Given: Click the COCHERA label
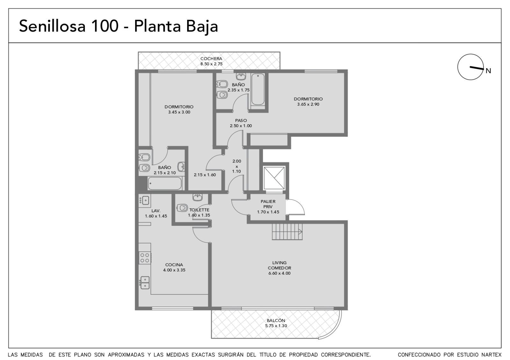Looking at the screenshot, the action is [211, 59].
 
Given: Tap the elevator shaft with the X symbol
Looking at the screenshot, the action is [274, 178].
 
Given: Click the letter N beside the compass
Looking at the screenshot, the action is [488, 71].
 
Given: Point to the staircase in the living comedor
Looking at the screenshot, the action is [287, 232].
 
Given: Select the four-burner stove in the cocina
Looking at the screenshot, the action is [145, 258].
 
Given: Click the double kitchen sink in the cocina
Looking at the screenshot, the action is [145, 283].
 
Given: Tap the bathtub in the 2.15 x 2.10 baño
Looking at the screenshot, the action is [164, 184].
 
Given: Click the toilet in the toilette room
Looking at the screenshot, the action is [182, 207].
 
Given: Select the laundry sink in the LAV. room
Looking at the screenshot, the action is [145, 200].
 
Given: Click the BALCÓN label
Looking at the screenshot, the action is [276, 320].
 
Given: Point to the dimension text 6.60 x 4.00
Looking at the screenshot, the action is [279, 273].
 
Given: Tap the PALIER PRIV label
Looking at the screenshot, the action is [268, 204].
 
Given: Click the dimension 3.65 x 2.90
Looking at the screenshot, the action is [308, 104].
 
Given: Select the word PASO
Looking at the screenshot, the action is [241, 120].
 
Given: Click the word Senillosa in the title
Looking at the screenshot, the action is [52, 26].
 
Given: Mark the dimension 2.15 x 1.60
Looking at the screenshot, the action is [205, 175].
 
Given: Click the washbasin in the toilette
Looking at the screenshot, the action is [197, 197].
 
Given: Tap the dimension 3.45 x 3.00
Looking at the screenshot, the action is [179, 112].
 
